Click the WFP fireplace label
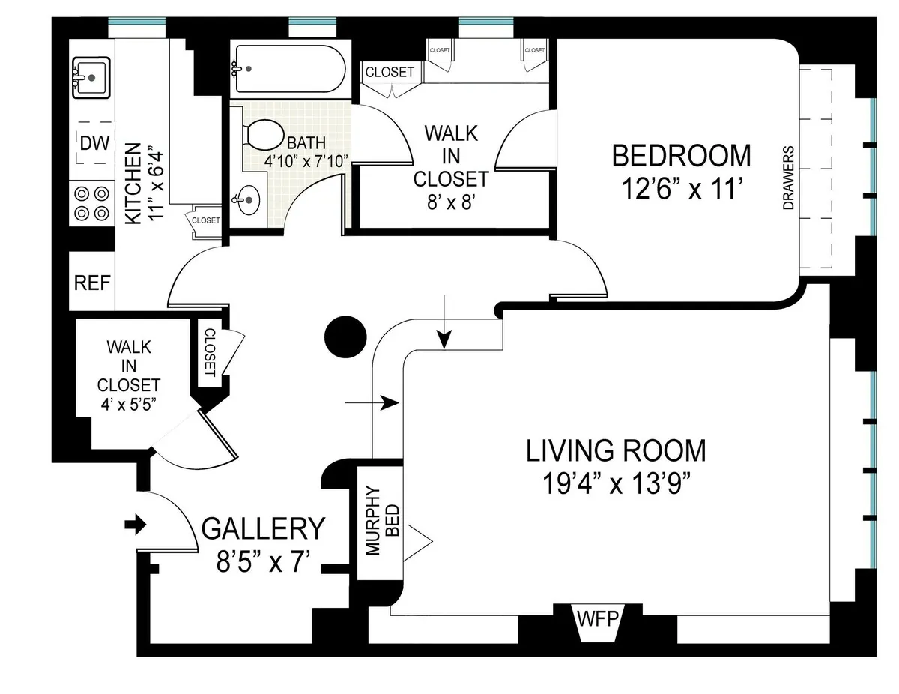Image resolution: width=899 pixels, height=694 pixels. pyautogui.click(x=597, y=621)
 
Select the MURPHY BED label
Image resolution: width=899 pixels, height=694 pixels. pyautogui.click(x=381, y=522)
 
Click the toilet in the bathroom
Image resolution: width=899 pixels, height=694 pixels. pyautogui.click(x=259, y=136)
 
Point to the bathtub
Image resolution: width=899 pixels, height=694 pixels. pyautogui.click(x=288, y=69)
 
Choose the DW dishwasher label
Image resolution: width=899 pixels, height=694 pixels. pyautogui.click(x=94, y=143)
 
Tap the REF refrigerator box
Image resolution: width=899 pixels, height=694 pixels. pyautogui.click(x=92, y=283)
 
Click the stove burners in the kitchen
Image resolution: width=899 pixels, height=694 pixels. pyautogui.click(x=92, y=203)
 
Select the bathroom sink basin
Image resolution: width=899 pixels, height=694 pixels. pyautogui.click(x=247, y=201)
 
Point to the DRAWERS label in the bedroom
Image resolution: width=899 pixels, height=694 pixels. pyautogui.click(x=787, y=178)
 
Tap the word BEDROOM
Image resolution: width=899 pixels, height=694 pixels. pyautogui.click(x=681, y=155)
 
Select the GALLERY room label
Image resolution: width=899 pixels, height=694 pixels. pyautogui.click(x=264, y=529)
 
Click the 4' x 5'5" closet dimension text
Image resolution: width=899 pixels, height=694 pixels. pyautogui.click(x=128, y=403)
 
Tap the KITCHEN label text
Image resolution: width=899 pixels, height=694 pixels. pyautogui.click(x=133, y=184)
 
